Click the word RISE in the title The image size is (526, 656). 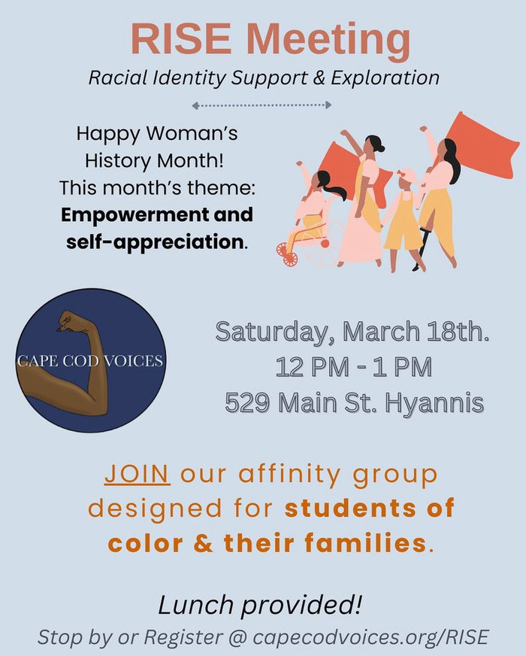coord(180,38)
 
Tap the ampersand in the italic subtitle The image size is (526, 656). coord(319,77)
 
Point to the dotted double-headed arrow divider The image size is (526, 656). coord(261,105)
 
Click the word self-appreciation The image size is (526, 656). coord(155,242)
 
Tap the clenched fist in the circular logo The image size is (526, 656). coord(72,321)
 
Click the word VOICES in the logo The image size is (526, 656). coord(133,360)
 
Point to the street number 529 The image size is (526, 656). coord(246,402)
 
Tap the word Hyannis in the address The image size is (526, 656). coord(434,404)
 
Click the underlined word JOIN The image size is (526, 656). coord(138,474)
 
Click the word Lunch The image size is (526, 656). coord(196,605)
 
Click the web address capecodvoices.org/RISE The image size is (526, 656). coord(370,638)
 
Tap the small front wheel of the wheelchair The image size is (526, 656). coord(289,260)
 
